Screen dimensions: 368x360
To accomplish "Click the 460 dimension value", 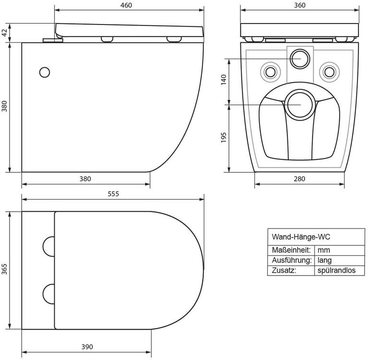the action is click(126, 5).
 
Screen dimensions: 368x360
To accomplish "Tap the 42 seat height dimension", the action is click(5, 33).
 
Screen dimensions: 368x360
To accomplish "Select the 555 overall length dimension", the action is click(113, 194).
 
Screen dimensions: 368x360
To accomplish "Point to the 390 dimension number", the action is click(87, 347).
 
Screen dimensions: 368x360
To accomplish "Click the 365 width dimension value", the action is click(4, 269).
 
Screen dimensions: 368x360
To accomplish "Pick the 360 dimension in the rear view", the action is click(300, 5).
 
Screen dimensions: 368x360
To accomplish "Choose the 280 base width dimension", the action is click(299, 179).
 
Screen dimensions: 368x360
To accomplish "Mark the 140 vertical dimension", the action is click(224, 80).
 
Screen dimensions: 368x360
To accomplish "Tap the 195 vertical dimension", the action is click(224, 137).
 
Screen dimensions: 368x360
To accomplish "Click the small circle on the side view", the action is click(45, 72).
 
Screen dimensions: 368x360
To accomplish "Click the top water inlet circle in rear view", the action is click(300, 59).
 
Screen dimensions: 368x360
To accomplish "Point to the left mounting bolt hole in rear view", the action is click(271, 72).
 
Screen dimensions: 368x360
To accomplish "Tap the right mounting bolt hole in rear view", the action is click(329, 72).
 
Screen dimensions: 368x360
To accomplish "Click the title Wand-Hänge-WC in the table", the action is click(301, 237).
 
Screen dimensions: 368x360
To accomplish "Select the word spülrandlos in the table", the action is click(336, 271).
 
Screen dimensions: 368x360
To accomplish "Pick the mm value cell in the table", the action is click(324, 250).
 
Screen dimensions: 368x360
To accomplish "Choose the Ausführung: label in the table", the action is click(292, 260).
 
